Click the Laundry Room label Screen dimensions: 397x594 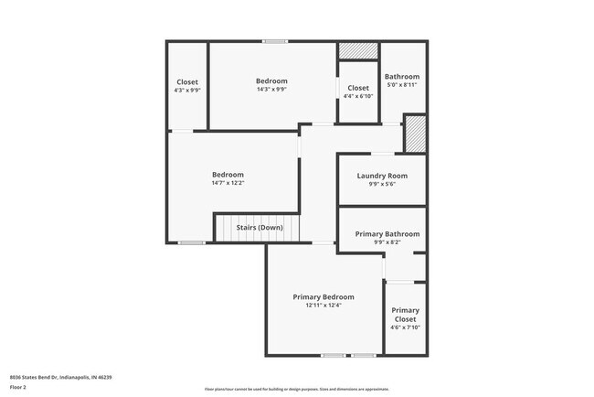tap(382, 176)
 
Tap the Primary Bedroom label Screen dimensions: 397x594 tap(324, 297)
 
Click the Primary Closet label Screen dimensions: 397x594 tap(405, 315)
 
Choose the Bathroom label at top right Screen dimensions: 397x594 tap(402, 76)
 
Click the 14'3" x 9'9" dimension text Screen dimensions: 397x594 tap(271, 90)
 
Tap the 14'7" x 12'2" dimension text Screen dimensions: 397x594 tap(228, 183)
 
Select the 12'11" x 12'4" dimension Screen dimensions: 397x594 tap(324, 306)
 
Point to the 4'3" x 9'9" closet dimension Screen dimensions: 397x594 tap(187, 90)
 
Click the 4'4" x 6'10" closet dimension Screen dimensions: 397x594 tap(358, 96)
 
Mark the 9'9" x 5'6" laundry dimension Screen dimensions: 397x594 tap(382, 184)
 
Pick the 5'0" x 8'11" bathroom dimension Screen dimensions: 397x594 tap(402, 84)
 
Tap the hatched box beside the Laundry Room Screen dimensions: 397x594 tap(416, 134)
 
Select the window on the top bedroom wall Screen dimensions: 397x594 tap(275, 41)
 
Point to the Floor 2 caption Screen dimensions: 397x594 tap(19, 387)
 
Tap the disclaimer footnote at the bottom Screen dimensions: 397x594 tap(297, 389)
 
